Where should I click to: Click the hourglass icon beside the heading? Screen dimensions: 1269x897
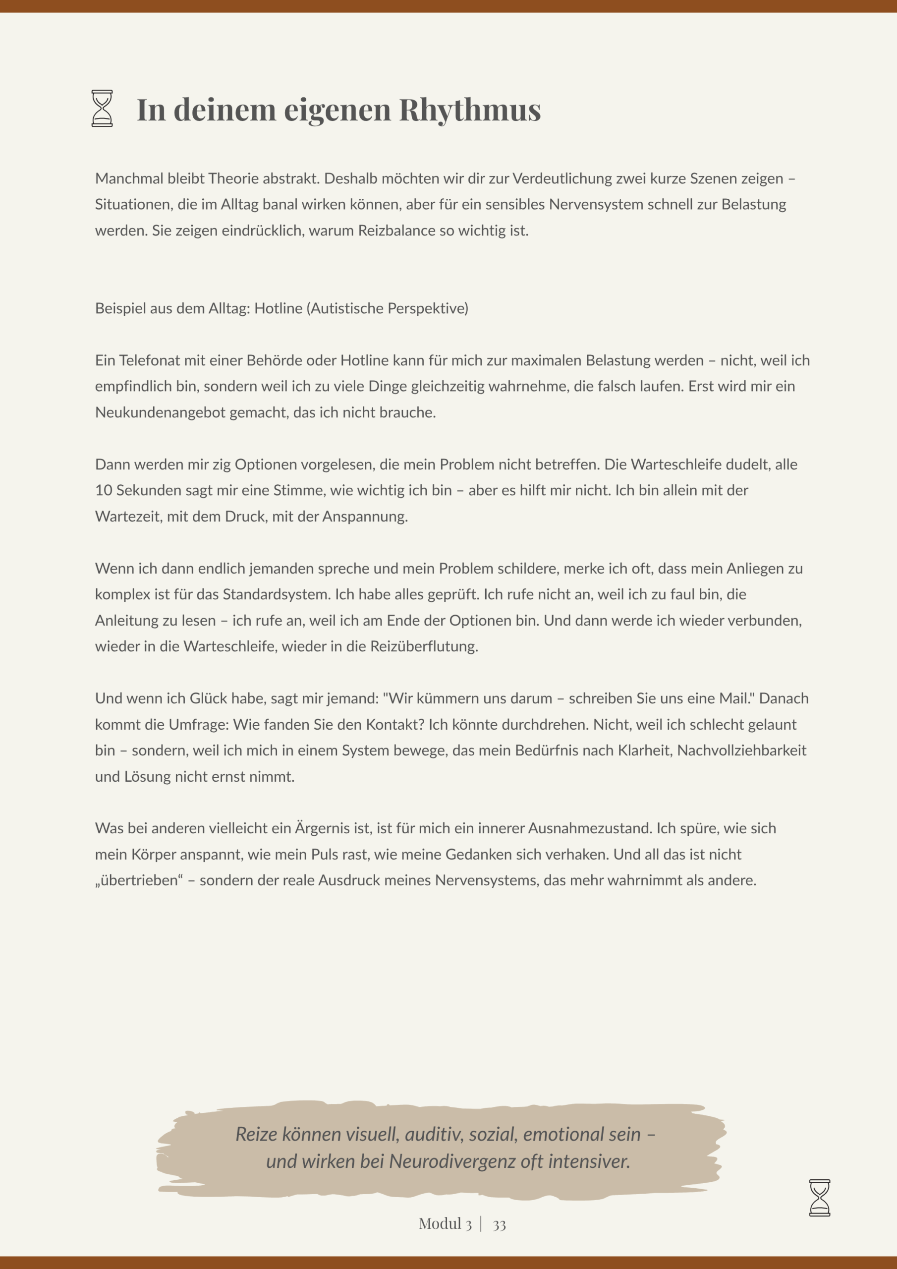pos(102,109)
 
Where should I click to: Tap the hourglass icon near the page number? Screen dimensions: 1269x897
pos(819,1198)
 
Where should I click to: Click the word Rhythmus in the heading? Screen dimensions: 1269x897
pos(470,110)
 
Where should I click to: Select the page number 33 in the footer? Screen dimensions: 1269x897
pos(499,1225)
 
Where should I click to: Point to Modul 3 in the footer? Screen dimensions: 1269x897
pos(445,1224)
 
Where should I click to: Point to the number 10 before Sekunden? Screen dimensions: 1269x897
pos(104,490)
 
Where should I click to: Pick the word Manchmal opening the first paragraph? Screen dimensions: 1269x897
pos(129,178)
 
